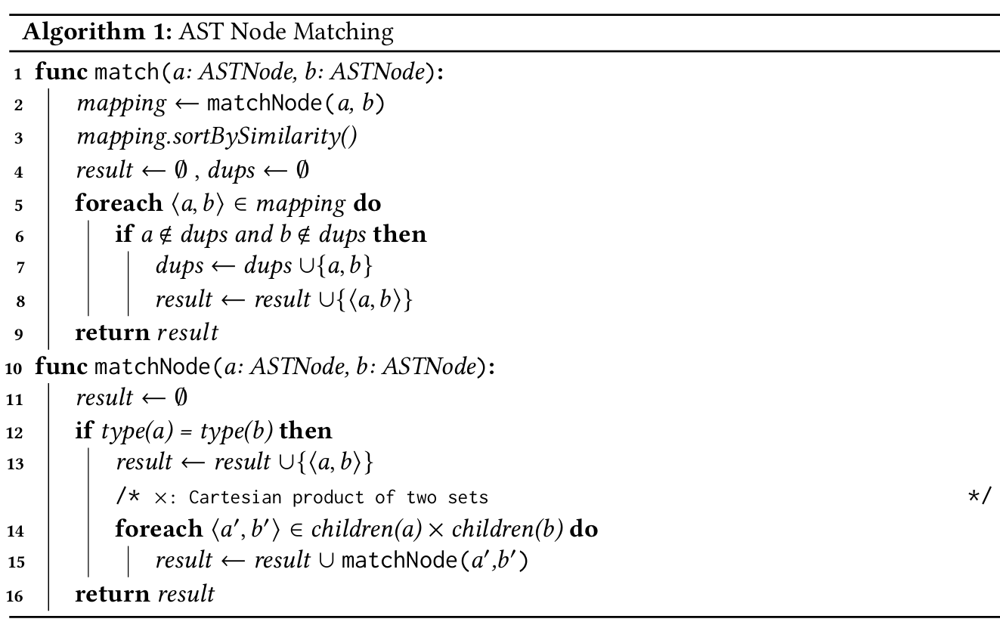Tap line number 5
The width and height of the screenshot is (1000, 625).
pyautogui.click(x=19, y=204)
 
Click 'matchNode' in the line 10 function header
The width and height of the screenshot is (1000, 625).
pyautogui.click(x=150, y=367)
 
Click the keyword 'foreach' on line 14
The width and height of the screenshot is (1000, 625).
pyautogui.click(x=159, y=529)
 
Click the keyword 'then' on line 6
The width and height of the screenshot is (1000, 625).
pyautogui.click(x=400, y=235)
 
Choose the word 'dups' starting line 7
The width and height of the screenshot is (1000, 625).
pyautogui.click(x=179, y=267)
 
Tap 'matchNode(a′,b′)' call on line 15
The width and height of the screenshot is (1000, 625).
pyautogui.click(x=434, y=562)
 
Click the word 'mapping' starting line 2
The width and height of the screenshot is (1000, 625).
pyautogui.click(x=121, y=104)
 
